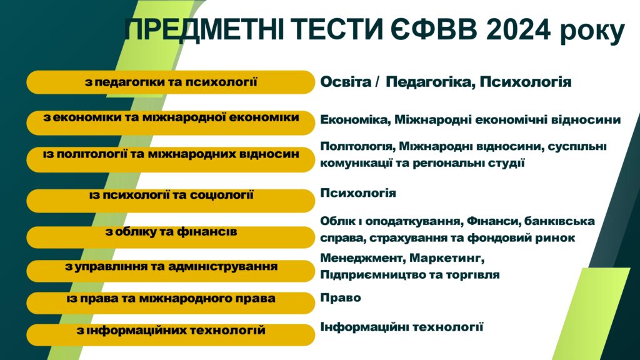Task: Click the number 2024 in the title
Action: tap(518, 29)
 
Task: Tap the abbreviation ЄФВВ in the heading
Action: tap(435, 29)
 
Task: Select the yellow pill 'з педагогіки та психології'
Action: tap(171, 82)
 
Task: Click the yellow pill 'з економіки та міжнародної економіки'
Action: tap(171, 122)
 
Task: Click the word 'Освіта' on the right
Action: tap(346, 82)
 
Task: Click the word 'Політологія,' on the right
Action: tap(357, 146)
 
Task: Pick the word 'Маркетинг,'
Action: tap(447, 258)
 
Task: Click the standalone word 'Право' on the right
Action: tap(341, 297)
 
